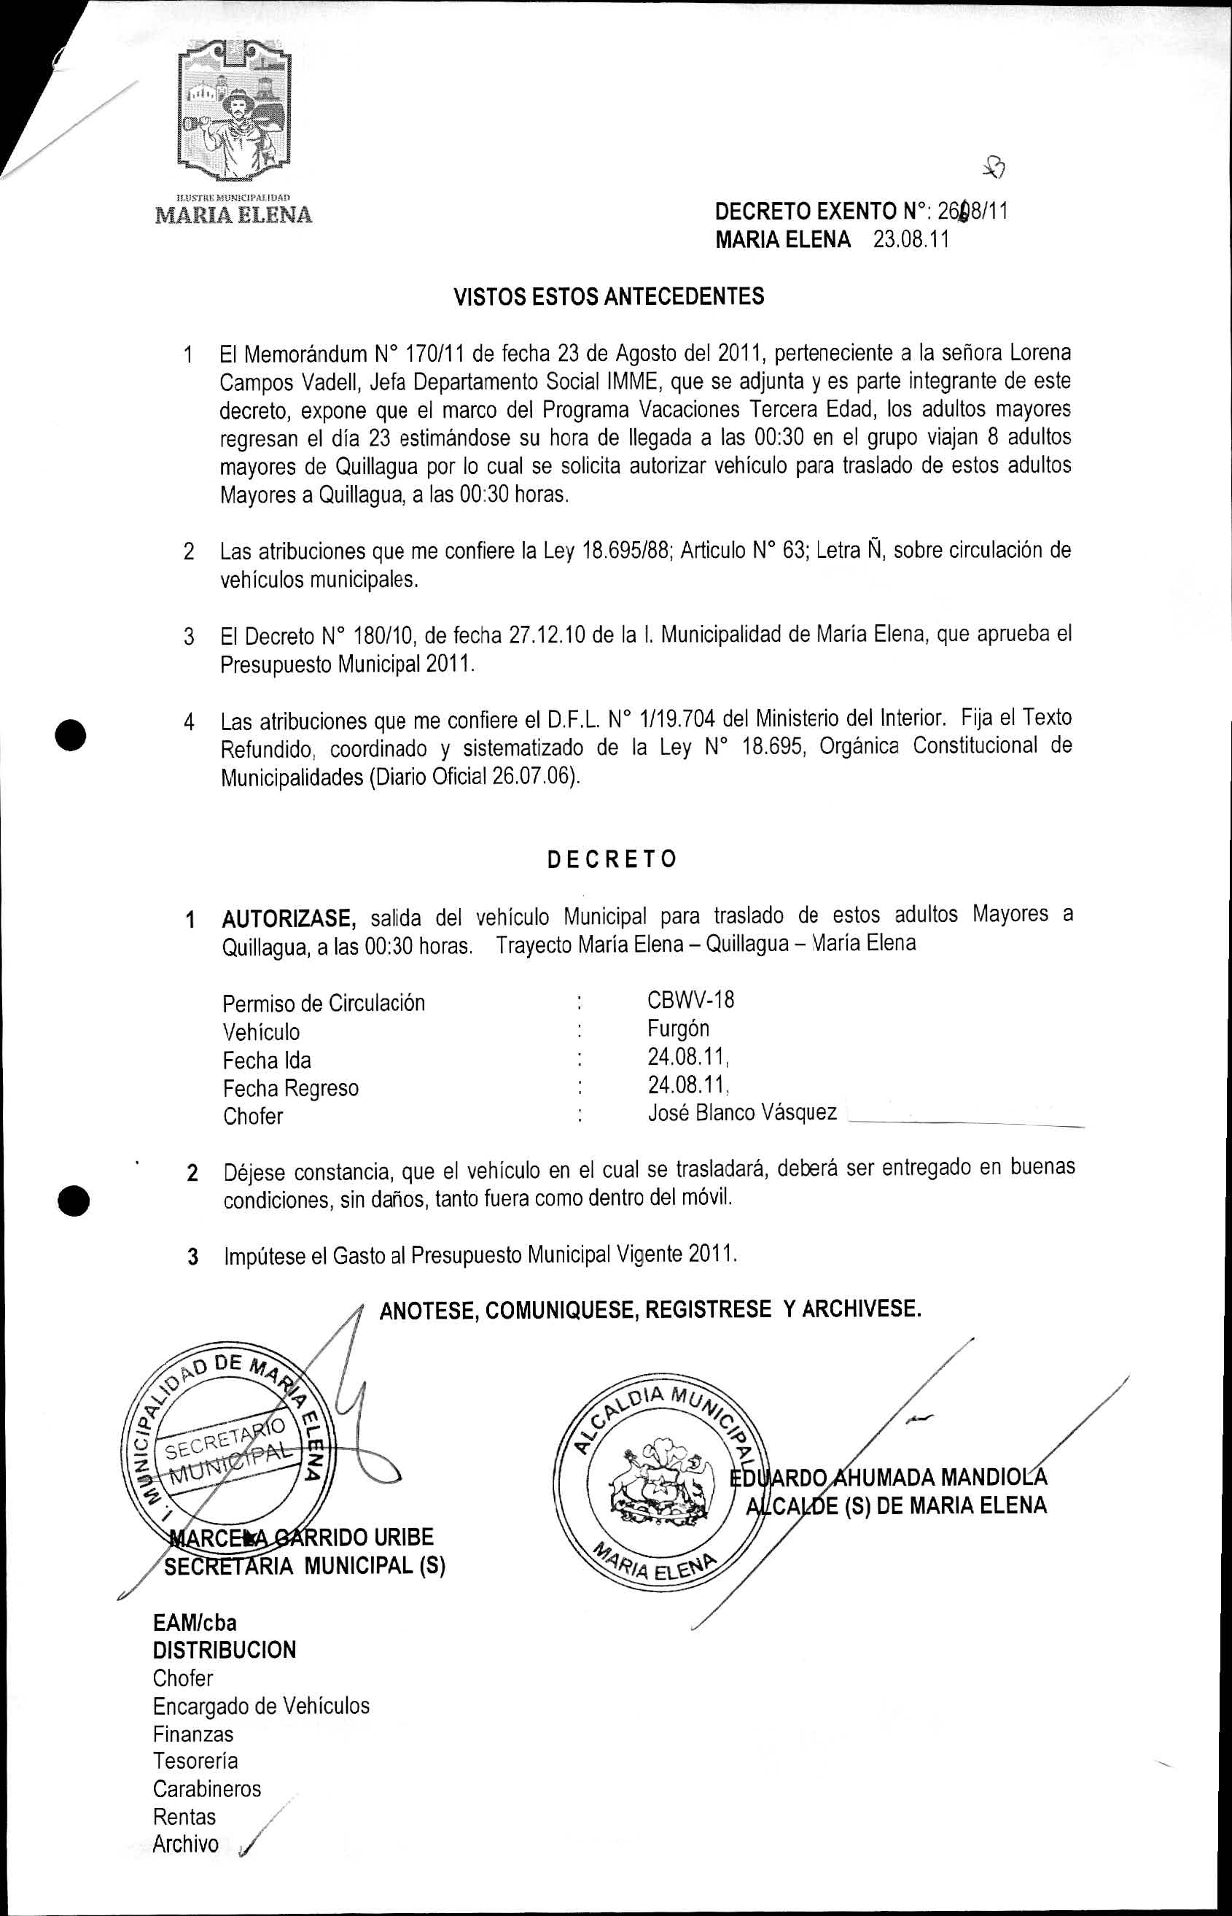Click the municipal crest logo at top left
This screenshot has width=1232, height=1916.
coord(232,112)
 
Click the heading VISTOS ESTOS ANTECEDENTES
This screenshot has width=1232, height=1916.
coord(609,297)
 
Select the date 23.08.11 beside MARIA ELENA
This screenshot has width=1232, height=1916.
coord(911,240)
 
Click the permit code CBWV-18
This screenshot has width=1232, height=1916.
coord(690,1000)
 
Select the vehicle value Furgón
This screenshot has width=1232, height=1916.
coord(679,1028)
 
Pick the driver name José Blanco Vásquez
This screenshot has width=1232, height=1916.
coord(741,1112)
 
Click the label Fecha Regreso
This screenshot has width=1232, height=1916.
coord(290,1088)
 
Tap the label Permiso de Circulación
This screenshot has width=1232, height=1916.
coord(323,1004)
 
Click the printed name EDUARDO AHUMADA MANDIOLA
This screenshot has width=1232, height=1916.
coord(888,1478)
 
